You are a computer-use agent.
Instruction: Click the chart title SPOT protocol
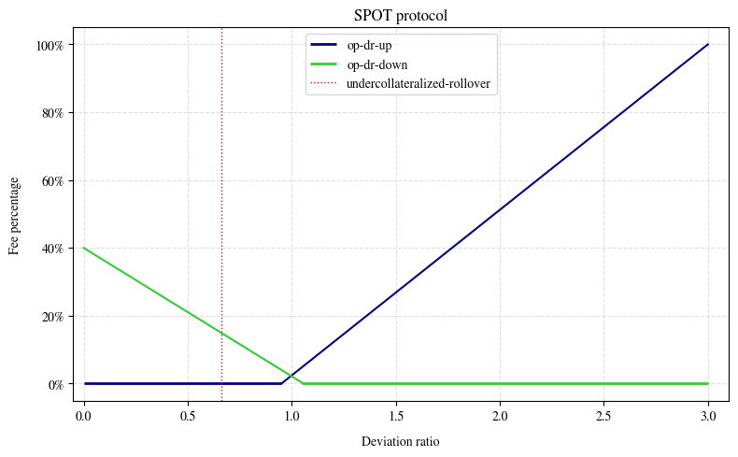point(401,15)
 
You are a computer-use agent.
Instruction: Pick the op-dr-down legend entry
point(374,64)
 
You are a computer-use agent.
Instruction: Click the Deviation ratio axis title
point(400,441)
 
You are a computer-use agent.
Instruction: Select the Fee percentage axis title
point(15,214)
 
